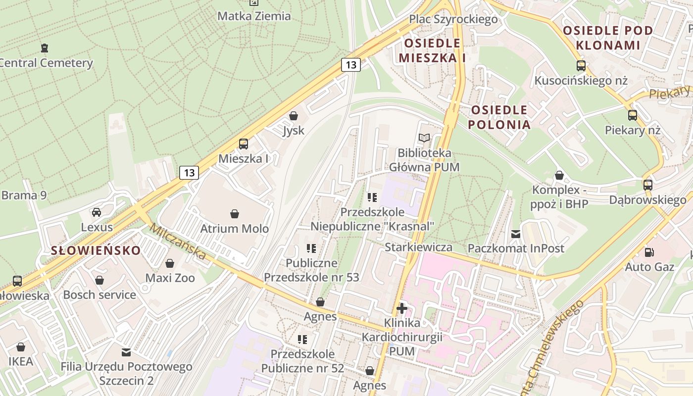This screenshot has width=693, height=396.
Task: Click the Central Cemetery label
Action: point(46,63)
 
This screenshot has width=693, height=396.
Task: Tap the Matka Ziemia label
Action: point(254,16)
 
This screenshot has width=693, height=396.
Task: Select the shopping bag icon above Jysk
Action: point(294,116)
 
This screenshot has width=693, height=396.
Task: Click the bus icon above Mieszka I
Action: point(243,144)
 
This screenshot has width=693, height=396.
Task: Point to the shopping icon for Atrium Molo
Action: point(235,214)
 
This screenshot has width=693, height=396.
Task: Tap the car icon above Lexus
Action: point(97,212)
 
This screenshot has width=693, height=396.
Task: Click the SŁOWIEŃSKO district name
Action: point(96,250)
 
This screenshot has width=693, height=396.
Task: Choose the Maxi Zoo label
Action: point(170,278)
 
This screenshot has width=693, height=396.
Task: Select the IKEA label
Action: point(21,361)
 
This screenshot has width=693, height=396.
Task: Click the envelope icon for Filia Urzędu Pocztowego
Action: point(126,352)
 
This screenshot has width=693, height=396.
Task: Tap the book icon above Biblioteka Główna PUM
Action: point(424,138)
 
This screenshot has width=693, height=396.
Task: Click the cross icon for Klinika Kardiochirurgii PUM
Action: point(402,309)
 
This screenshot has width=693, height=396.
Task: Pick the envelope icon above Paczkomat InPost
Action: point(516,234)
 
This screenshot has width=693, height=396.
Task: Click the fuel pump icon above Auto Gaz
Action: point(649,252)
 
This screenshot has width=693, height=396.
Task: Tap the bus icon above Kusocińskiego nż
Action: point(581,65)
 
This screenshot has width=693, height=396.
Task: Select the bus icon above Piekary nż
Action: point(633,115)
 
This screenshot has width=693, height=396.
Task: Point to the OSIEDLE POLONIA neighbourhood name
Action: point(499,117)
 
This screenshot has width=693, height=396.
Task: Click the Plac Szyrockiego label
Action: point(453,19)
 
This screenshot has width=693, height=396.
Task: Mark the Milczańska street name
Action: point(177,241)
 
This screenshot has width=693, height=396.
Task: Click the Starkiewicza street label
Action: point(418,247)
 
